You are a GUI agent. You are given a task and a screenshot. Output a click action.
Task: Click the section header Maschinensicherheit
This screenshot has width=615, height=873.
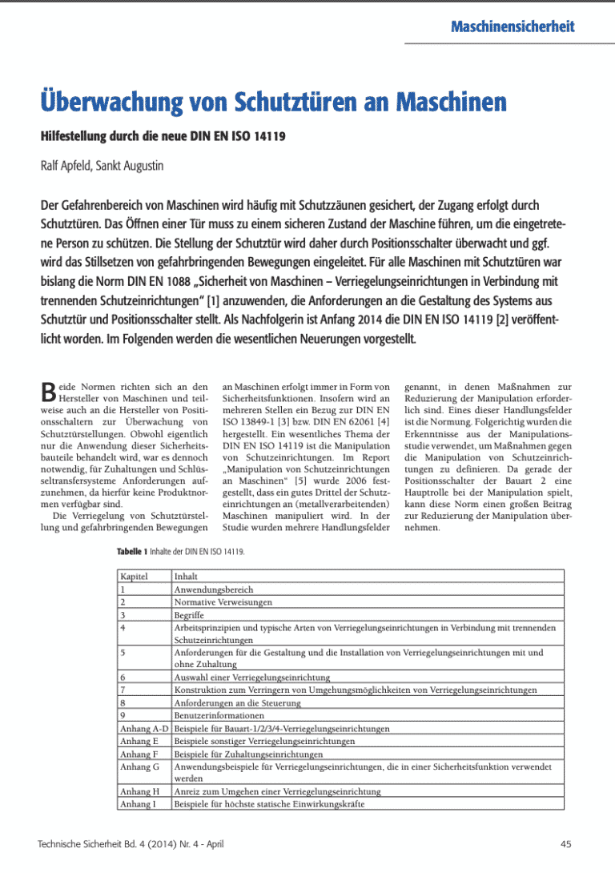(x=512, y=26)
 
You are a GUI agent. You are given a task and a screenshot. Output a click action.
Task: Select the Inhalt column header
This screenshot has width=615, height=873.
(x=187, y=576)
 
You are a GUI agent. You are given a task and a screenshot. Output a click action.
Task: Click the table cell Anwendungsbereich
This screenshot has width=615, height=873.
(x=214, y=589)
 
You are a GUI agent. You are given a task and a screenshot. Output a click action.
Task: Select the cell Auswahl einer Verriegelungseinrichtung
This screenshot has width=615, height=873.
(x=252, y=677)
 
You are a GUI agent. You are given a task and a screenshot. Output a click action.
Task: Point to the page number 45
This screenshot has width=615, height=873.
(x=566, y=844)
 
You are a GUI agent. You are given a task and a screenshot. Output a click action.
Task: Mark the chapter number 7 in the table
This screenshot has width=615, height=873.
(x=122, y=690)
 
